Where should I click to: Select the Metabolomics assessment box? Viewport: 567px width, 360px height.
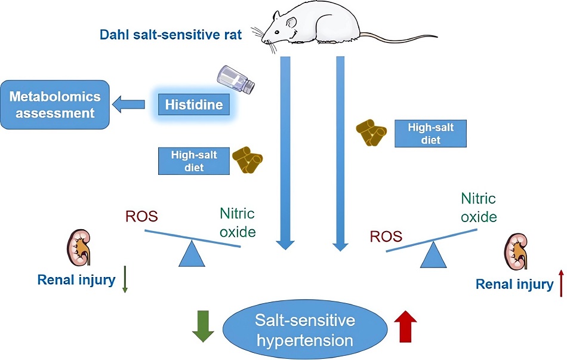55,104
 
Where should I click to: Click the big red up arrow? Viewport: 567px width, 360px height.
406,326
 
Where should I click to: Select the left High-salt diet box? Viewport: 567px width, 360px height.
194,161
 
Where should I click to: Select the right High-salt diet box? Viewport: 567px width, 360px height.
430,133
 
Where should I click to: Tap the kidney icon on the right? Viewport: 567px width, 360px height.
518,251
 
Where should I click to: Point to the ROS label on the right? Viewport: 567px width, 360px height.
386,237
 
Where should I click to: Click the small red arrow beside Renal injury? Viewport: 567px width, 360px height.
560,283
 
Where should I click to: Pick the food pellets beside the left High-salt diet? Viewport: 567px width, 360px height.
249,161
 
